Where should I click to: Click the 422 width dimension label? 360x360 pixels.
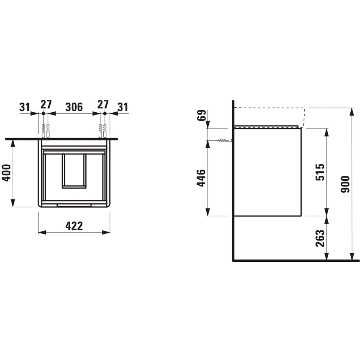coord(74,226)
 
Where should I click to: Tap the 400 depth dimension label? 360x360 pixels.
coord(6,173)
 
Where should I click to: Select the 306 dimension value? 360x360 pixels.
coord(74,107)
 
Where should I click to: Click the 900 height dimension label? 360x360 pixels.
coord(345,184)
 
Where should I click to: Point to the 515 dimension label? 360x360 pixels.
coord(320,172)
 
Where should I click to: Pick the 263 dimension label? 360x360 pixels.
coord(320,238)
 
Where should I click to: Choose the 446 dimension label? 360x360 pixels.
coord(201,178)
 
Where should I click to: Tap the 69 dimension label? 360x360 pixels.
coord(201,116)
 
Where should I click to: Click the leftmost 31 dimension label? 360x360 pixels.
coord(24,107)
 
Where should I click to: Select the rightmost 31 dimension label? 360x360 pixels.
coord(123,107)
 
